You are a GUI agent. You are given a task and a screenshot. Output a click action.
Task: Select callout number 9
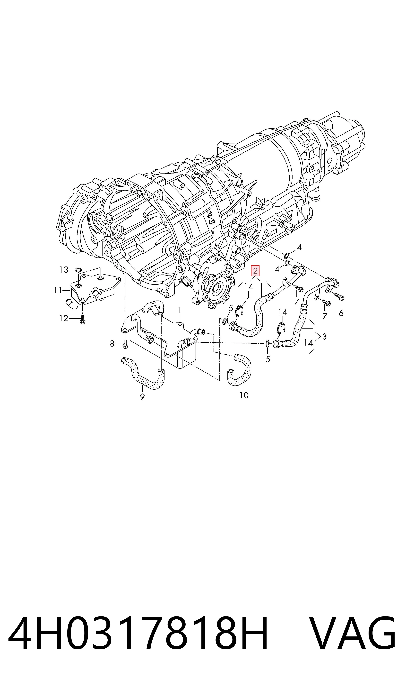click(142, 396)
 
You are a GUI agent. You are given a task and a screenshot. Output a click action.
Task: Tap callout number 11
click(58, 290)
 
